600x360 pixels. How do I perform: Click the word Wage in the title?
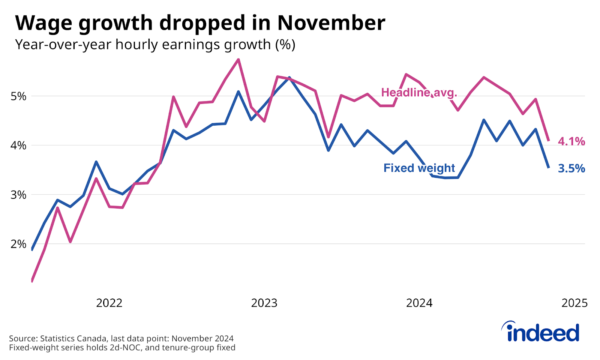pyautogui.click(x=44, y=23)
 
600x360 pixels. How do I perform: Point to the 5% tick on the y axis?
pyautogui.click(x=18, y=96)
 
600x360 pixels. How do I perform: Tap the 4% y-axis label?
pyautogui.click(x=18, y=145)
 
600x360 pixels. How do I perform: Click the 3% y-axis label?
pyautogui.click(x=18, y=195)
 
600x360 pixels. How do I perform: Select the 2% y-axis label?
pyautogui.click(x=18, y=244)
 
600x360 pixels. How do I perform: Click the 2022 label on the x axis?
pyautogui.click(x=109, y=303)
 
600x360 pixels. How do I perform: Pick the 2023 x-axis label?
pyautogui.click(x=264, y=303)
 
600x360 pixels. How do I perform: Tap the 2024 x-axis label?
pyautogui.click(x=419, y=303)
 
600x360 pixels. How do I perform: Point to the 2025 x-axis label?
pyautogui.click(x=574, y=303)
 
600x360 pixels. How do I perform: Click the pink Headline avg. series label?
pyautogui.click(x=419, y=93)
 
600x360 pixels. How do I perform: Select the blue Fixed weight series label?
pyautogui.click(x=419, y=168)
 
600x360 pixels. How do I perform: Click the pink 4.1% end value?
pyautogui.click(x=571, y=141)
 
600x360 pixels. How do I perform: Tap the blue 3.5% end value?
pyautogui.click(x=571, y=168)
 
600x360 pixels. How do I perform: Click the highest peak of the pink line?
pyautogui.click(x=238, y=60)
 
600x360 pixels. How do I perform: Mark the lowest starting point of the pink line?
pyautogui.click(x=32, y=281)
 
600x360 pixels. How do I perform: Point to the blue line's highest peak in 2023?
pyautogui.click(x=289, y=78)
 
